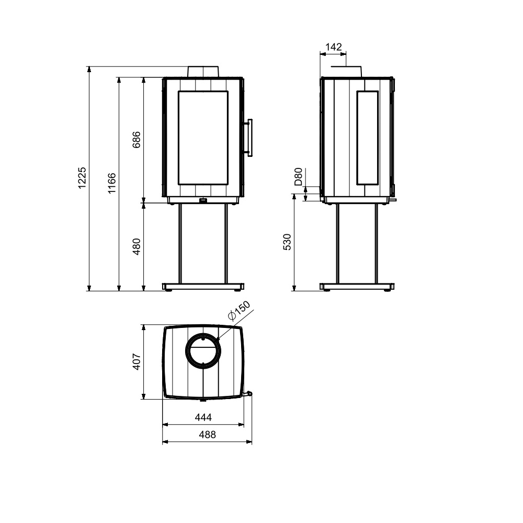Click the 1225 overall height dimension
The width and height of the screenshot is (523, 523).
pos(82,178)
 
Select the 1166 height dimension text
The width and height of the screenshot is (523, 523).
pos(112,183)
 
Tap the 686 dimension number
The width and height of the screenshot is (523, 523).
pos(137,140)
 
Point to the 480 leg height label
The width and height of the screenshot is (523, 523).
pos(137,246)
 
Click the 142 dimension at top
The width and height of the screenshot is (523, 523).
pos(334,47)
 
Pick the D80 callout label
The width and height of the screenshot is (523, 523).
pos(298,177)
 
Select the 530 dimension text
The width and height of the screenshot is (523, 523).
pos(287,242)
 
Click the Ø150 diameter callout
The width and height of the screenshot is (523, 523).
pos(239,311)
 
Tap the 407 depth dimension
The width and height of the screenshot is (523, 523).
pos(137,361)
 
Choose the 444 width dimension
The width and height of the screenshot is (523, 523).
pos(203,417)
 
